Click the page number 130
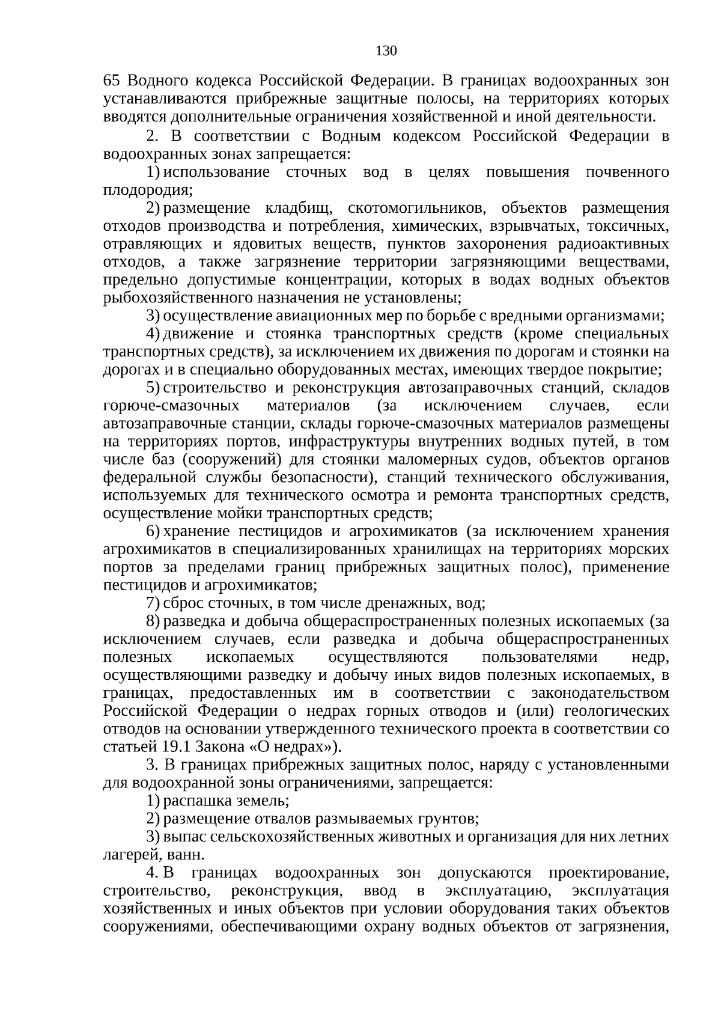386,51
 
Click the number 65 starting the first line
113,81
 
